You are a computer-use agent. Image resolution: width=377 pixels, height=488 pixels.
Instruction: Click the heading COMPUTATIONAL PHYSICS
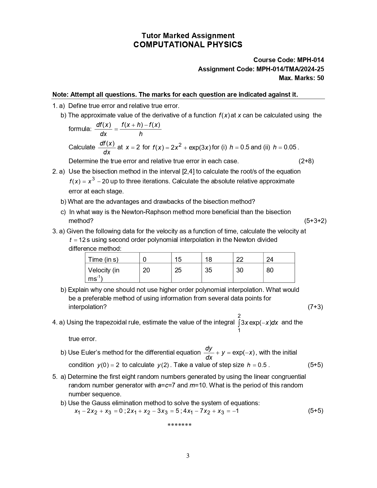click(x=188, y=45)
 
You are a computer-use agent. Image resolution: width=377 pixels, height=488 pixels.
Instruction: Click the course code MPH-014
click(x=310, y=60)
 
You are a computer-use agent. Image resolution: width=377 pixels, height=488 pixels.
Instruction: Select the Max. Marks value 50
click(x=320, y=78)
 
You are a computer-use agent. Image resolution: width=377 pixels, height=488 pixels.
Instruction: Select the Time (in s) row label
click(x=103, y=259)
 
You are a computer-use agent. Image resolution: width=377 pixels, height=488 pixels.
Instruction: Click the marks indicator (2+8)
click(x=306, y=161)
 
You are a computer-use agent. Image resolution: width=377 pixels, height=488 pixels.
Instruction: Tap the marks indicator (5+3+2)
click(x=315, y=221)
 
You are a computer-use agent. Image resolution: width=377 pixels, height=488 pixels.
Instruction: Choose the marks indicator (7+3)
click(x=315, y=307)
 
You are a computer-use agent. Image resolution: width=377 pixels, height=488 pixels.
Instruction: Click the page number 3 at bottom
click(x=188, y=456)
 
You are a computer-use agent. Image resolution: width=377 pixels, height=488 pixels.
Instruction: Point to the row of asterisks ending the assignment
click(x=179, y=425)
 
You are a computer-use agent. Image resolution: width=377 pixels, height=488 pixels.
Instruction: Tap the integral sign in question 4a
click(x=239, y=323)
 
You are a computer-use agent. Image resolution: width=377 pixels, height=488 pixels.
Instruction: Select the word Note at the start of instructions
click(x=60, y=95)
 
